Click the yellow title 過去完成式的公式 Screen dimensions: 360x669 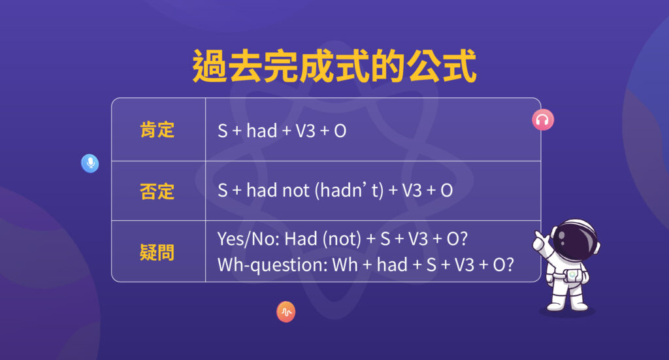point(334,65)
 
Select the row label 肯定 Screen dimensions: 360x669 point(157,129)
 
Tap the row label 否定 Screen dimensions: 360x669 point(157,191)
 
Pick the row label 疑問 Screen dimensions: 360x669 point(157,252)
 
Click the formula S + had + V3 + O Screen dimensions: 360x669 point(282,131)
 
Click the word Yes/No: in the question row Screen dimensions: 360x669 point(248,239)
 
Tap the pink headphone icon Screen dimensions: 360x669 point(543,120)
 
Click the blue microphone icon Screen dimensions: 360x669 point(90,163)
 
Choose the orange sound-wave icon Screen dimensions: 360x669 point(286,312)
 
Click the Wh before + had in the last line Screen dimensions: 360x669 point(345,265)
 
